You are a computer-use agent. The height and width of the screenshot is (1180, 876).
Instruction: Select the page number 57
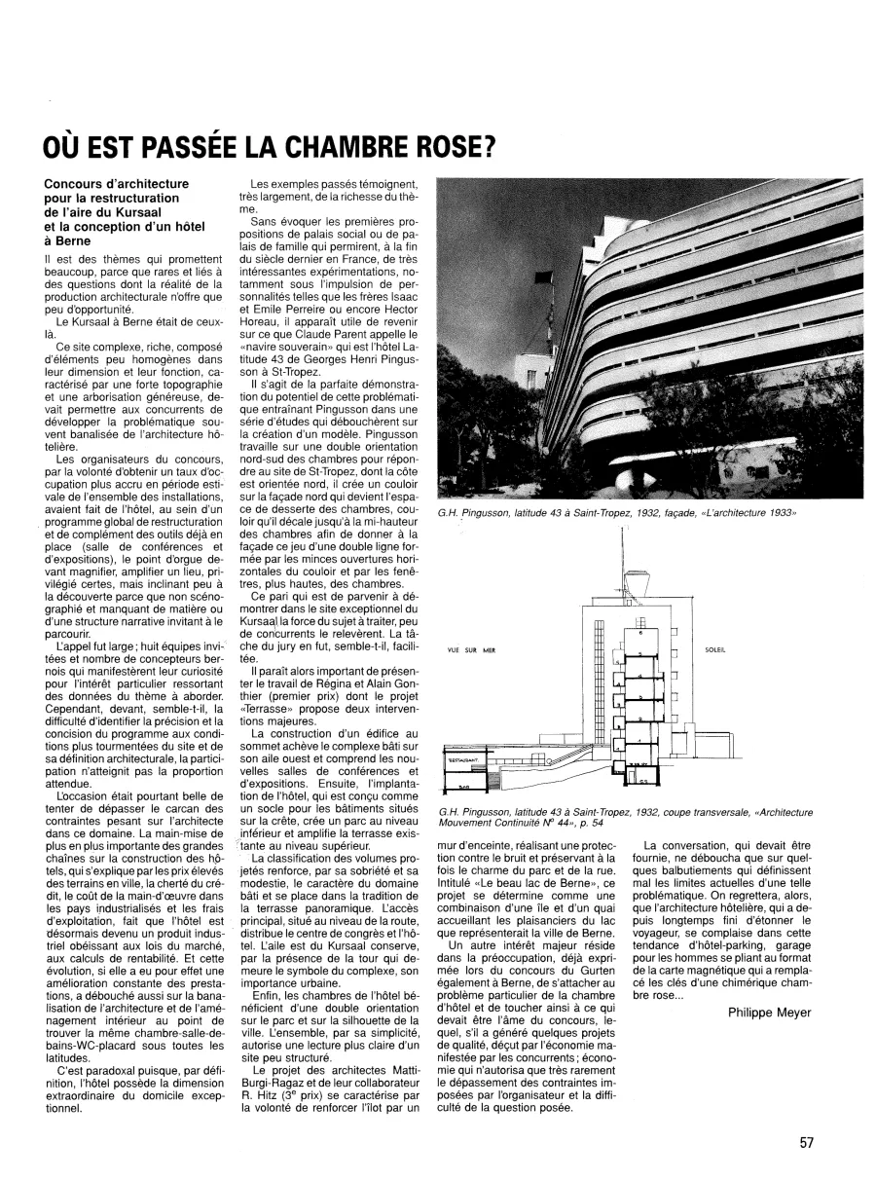point(807,1143)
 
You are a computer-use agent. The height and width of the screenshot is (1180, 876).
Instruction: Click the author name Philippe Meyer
point(769,1013)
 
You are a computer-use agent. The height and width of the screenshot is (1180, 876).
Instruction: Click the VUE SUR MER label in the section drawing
point(476,651)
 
